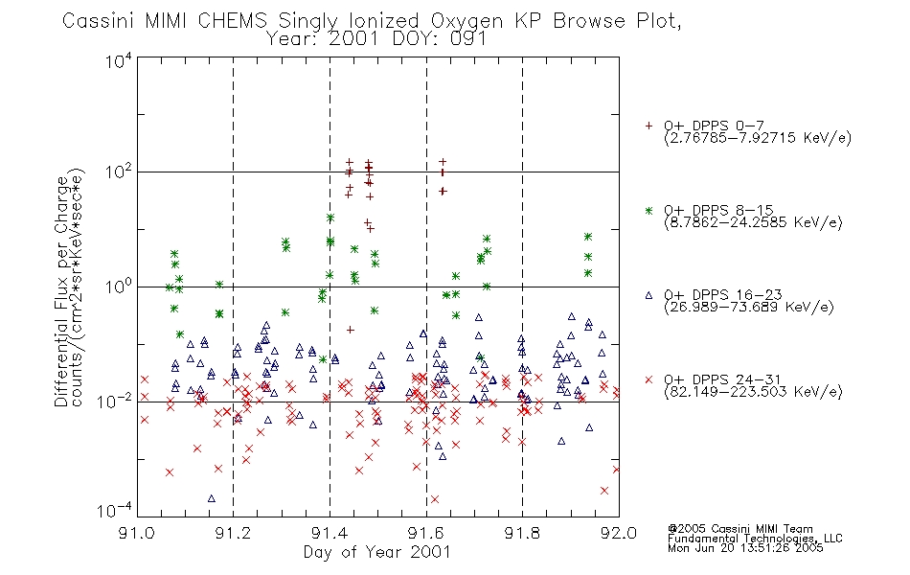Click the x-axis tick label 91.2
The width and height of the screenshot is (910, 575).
[233, 533]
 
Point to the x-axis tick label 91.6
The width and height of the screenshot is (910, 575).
[426, 533]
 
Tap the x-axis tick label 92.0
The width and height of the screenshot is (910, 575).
[619, 533]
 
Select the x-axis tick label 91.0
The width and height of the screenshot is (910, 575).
[136, 533]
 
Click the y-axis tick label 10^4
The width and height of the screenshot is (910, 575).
[119, 60]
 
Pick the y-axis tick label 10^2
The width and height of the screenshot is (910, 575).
[119, 172]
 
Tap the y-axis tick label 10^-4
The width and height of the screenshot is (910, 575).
[115, 510]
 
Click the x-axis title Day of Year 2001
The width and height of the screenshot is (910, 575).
[376, 552]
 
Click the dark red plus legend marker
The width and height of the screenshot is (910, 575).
[648, 126]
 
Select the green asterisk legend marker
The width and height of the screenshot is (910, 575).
[648, 210]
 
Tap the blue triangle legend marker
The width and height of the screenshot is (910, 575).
[648, 295]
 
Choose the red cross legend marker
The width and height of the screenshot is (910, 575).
[648, 379]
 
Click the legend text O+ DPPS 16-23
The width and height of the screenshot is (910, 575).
[722, 294]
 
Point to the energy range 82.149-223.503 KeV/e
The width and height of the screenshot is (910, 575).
[753, 392]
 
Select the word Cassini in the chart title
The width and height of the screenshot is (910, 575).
[98, 21]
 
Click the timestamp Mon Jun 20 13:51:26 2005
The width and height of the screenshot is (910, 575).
[745, 548]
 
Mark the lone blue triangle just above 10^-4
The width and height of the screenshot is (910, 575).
[212, 498]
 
